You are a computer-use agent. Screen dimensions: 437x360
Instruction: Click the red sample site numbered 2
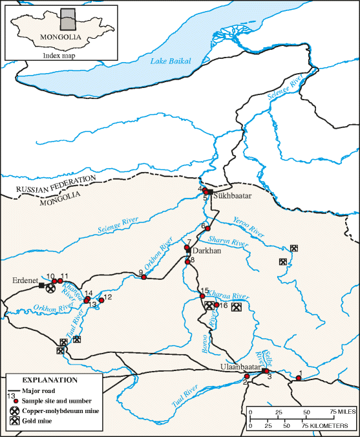point(246,376)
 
